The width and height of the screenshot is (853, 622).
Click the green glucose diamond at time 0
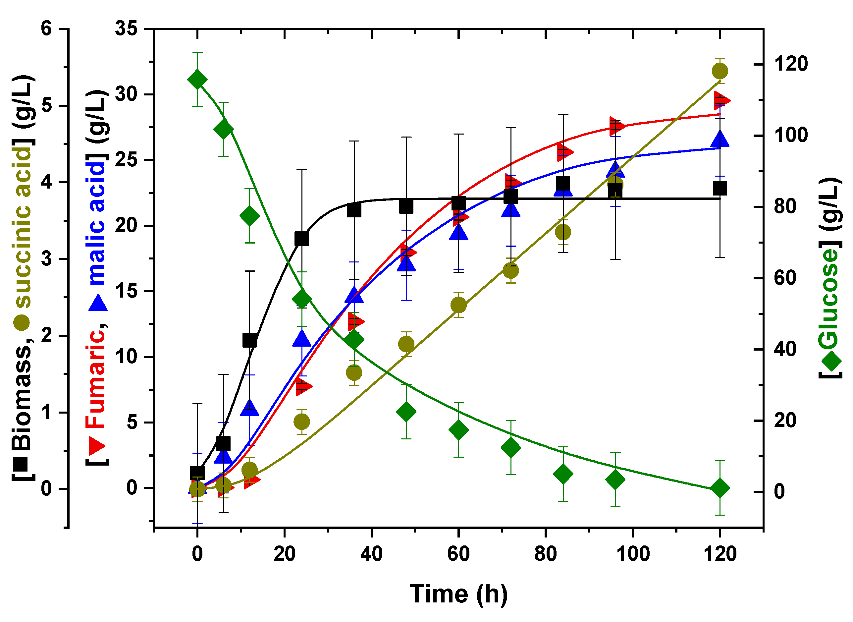(x=197, y=80)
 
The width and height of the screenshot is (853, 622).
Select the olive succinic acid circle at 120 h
(x=720, y=71)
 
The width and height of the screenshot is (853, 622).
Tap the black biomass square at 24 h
(x=302, y=239)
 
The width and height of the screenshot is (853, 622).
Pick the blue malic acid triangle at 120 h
(x=720, y=139)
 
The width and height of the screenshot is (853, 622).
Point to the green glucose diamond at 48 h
(x=406, y=412)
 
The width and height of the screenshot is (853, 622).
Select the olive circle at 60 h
(x=458, y=305)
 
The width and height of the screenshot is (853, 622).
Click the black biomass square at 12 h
(x=249, y=340)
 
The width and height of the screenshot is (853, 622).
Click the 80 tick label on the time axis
(x=545, y=554)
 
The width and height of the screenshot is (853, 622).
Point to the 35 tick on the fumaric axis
(x=127, y=28)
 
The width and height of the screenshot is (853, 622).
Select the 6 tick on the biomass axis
(x=46, y=28)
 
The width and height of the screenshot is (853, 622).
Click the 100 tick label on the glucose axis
(x=790, y=135)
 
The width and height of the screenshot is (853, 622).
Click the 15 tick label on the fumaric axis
(x=127, y=291)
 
